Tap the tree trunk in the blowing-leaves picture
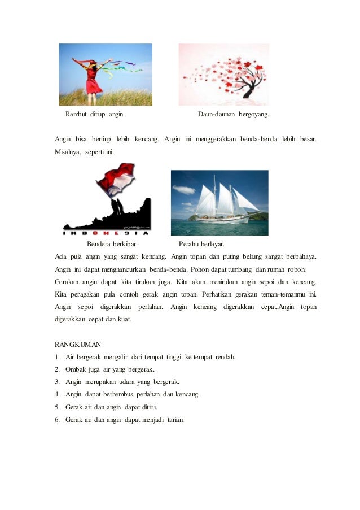point(248,90)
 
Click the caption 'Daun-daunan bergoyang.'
point(234,115)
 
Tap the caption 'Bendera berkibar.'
point(112,244)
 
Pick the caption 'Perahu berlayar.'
point(201,244)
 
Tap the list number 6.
point(57,419)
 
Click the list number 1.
point(57,357)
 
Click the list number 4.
point(57,394)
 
